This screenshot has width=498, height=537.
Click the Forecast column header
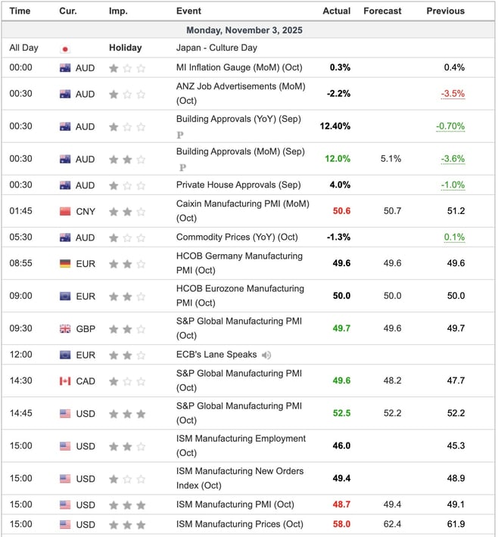coord(382,11)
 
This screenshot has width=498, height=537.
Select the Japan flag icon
coord(65,48)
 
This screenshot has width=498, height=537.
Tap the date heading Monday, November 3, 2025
coord(249,29)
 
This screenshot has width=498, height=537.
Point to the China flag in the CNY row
coord(65,212)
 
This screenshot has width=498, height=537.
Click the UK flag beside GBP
coord(65,329)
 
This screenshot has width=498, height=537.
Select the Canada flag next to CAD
coord(65,381)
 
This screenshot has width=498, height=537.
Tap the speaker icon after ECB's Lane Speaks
coord(266,355)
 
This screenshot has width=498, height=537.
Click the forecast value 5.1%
coord(391,159)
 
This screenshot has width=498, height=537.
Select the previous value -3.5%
coord(453,94)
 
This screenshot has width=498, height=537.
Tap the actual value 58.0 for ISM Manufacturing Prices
coord(340,524)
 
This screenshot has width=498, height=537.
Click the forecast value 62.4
coord(392,524)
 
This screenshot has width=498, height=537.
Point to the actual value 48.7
coord(340,504)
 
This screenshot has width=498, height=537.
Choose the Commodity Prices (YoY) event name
coord(237,237)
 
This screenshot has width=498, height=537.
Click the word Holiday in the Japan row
coord(125,48)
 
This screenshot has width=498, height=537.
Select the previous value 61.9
coord(456,524)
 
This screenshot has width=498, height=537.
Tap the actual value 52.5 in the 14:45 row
coord(340,413)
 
